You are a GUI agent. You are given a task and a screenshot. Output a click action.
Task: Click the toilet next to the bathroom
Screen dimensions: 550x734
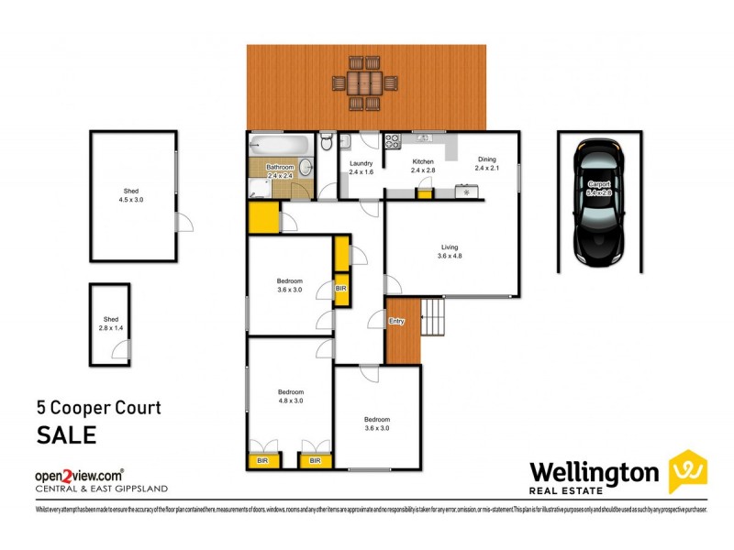tap(327, 144)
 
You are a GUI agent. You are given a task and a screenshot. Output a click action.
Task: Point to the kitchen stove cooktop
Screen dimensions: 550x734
tap(392, 141)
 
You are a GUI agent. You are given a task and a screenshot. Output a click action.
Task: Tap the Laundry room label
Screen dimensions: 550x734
tap(361, 168)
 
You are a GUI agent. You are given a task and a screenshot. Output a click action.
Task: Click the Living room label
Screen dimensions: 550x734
tap(449, 251)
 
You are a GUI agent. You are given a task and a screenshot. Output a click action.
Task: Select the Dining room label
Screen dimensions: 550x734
tap(485, 164)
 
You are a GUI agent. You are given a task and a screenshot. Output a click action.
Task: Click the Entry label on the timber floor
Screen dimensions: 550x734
tap(396, 322)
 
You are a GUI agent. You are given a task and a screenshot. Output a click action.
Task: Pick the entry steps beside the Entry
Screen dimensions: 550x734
tap(432, 318)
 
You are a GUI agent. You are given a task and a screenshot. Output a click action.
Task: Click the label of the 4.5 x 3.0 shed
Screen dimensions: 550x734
tap(133, 194)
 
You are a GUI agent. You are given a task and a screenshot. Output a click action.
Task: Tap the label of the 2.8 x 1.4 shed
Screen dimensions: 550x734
tap(109, 323)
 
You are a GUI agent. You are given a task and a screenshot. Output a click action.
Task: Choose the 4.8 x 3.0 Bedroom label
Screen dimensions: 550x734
tap(290, 395)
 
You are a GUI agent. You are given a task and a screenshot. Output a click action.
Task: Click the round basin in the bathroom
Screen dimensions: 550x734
tap(305, 168)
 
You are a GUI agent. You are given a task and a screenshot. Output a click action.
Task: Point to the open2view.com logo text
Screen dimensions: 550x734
tap(79, 476)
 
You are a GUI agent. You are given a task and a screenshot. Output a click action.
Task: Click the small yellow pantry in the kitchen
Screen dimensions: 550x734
tap(424, 192)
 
